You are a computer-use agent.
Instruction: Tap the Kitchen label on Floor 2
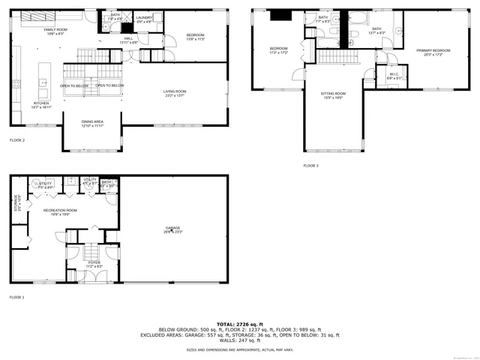pos(40,103)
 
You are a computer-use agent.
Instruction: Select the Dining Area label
pos(93,121)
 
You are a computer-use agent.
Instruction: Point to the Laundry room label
pos(144,17)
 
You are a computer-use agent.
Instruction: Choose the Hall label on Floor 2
pos(128,38)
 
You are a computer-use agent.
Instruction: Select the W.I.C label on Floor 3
pos(394,73)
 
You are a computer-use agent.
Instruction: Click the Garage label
pos(173,228)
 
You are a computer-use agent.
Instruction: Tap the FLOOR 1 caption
pos(16,298)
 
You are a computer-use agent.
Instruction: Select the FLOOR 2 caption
pos(16,140)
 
